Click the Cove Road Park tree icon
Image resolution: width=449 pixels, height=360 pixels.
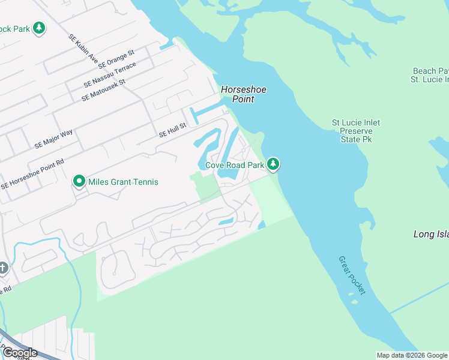tap(273, 164)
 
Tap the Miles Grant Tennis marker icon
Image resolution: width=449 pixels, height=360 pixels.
tap(79, 181)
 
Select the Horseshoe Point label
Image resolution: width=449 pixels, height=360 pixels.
tap(243, 94)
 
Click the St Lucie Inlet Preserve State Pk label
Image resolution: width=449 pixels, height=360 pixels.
tap(356, 131)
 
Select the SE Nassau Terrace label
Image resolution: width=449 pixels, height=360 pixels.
tap(118, 73)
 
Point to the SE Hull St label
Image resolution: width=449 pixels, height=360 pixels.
tap(173, 130)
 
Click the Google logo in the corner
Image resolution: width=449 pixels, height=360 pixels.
tap(19, 353)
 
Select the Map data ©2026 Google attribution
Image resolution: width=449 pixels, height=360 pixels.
tap(412, 355)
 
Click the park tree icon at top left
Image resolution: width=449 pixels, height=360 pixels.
tap(39, 28)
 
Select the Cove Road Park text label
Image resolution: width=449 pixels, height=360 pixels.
tap(235, 165)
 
